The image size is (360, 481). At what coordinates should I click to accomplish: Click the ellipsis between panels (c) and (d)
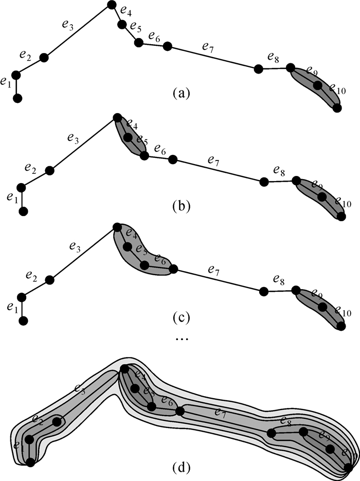tap(181, 340)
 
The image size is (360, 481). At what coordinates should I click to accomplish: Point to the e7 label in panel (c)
tap(213, 269)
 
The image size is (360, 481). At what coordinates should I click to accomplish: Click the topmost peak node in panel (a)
tap(112, 6)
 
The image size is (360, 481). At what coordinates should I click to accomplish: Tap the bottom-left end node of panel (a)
tap(18, 98)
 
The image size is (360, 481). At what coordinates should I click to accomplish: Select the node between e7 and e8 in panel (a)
tap(259, 68)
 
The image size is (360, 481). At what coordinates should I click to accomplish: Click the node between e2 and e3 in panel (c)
tap(50, 280)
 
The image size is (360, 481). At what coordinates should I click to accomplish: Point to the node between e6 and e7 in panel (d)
tap(179, 412)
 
